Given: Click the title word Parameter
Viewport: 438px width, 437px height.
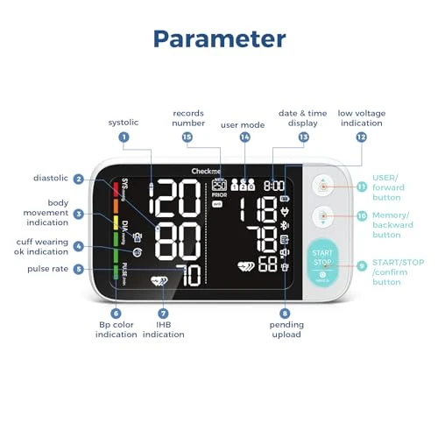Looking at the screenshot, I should (x=219, y=39).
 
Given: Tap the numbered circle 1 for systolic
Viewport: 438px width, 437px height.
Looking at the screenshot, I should (x=124, y=137).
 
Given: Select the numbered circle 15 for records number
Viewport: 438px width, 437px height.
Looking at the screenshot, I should (x=187, y=137).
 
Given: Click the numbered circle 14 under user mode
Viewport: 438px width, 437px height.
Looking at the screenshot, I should (x=244, y=137).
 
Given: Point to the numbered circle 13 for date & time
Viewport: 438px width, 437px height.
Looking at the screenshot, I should (x=303, y=137).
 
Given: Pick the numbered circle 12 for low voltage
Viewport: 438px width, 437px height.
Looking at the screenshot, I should (x=361, y=137).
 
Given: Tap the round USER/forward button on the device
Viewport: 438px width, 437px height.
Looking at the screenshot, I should (x=324, y=187).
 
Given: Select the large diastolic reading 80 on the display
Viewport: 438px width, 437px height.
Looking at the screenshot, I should (x=180, y=237).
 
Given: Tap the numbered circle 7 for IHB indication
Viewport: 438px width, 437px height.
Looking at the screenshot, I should (x=162, y=313).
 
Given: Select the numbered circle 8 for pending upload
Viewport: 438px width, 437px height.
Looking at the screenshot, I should (x=285, y=313).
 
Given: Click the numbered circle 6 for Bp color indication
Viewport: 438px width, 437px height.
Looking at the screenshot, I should (x=116, y=313).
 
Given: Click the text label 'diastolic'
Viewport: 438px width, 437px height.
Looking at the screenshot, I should (x=51, y=179).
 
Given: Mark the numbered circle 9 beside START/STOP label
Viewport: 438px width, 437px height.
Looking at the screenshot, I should (x=361, y=265).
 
